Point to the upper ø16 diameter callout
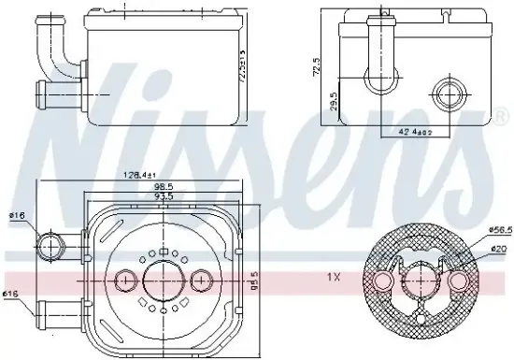pyautogui.click(x=16, y=216)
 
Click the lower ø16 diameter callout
pyautogui.click(x=11, y=295)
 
